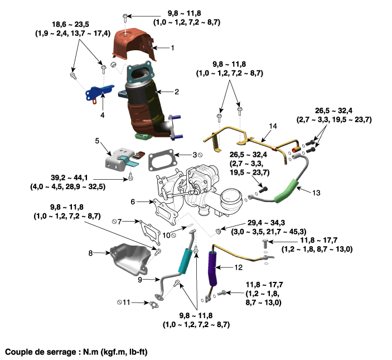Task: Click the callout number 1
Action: (173, 48)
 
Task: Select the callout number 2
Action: (176, 92)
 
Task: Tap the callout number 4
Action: (103, 115)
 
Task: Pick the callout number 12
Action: (238, 268)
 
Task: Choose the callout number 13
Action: (317, 193)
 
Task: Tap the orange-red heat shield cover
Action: (134, 47)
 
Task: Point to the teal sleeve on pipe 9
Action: (184, 260)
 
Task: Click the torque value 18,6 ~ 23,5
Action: (71, 25)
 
